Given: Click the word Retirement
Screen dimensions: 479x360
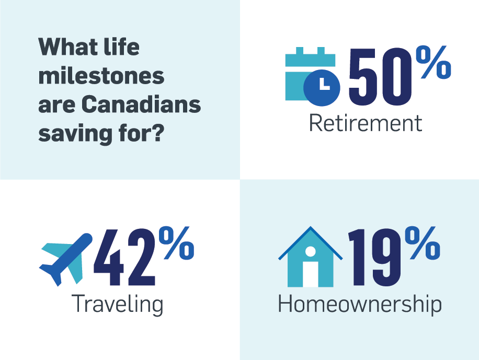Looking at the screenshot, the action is pyautogui.click(x=366, y=123).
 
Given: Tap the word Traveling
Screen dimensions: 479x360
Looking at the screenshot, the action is pyautogui.click(x=117, y=304).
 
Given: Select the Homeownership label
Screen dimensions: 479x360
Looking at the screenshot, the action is pyautogui.click(x=360, y=304).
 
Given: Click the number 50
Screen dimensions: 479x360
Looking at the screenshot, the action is pyautogui.click(x=380, y=77).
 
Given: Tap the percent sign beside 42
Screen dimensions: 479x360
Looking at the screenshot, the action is pyautogui.click(x=177, y=243).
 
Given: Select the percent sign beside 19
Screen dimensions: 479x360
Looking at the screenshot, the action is pyautogui.click(x=423, y=243).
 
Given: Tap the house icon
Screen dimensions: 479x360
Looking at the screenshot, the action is pyautogui.click(x=311, y=257).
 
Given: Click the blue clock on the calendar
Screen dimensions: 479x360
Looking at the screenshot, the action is pyautogui.click(x=322, y=88).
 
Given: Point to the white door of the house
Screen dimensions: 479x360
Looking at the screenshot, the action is pyautogui.click(x=311, y=274).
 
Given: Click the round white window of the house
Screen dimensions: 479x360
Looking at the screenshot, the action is pyautogui.click(x=311, y=252).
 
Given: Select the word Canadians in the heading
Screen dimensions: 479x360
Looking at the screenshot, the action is pyautogui.click(x=141, y=104).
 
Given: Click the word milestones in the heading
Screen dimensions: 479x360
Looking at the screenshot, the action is pyautogui.click(x=101, y=76).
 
